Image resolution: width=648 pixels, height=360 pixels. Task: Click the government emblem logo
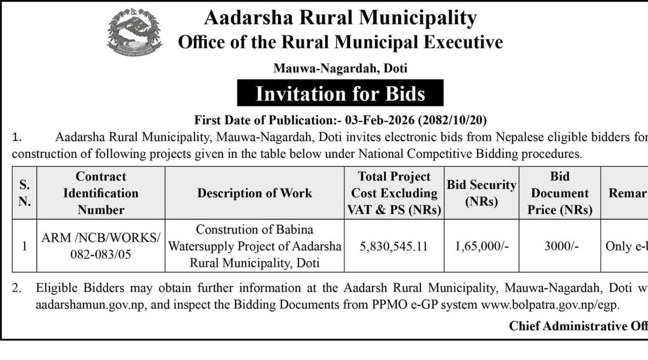click(134, 32)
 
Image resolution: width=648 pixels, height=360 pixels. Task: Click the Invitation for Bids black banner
click(340, 93)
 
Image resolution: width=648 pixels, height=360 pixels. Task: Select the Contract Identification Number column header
click(101, 193)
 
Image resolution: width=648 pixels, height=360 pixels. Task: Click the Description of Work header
click(255, 193)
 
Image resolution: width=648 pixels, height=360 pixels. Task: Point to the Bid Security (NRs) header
click(481, 193)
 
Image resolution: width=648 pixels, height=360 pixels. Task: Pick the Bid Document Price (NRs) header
click(560, 193)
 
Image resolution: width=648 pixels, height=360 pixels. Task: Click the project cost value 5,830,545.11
click(394, 246)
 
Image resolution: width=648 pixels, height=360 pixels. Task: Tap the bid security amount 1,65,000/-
click(481, 246)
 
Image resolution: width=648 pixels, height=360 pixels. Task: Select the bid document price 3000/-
click(560, 246)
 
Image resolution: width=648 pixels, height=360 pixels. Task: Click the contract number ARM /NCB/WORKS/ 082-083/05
click(101, 246)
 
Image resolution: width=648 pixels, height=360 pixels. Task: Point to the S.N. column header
click(24, 193)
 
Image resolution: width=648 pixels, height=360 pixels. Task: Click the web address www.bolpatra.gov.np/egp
click(550, 305)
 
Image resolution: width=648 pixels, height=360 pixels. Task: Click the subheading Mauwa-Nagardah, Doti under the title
click(340, 68)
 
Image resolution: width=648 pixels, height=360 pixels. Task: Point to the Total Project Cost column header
click(394, 193)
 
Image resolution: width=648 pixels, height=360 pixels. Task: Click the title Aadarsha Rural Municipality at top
click(340, 18)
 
